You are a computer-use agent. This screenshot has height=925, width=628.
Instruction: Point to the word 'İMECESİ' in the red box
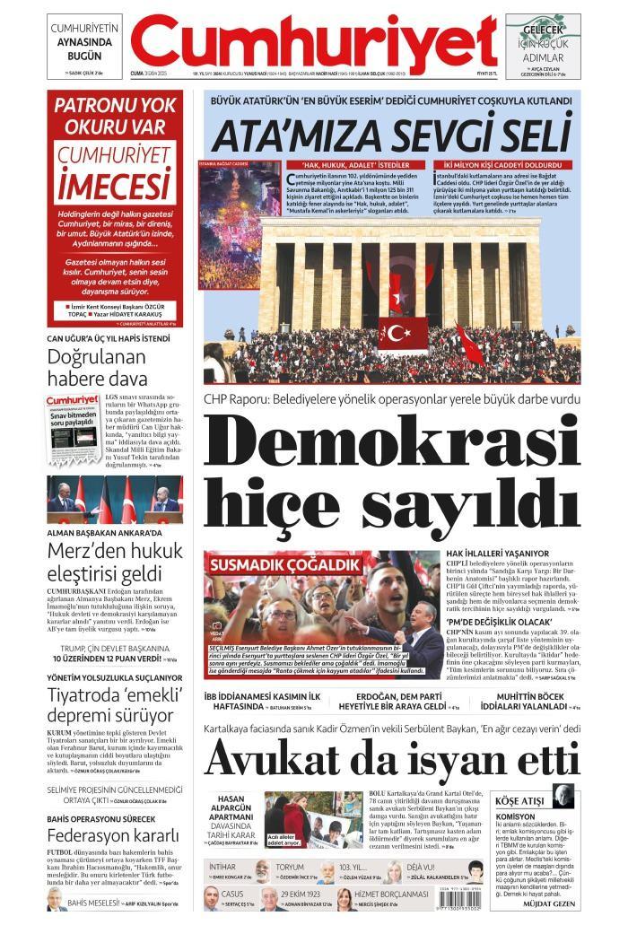pyautogui.click(x=114, y=186)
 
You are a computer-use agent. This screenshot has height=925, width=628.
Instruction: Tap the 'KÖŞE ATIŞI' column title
pyautogui.click(x=520, y=799)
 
